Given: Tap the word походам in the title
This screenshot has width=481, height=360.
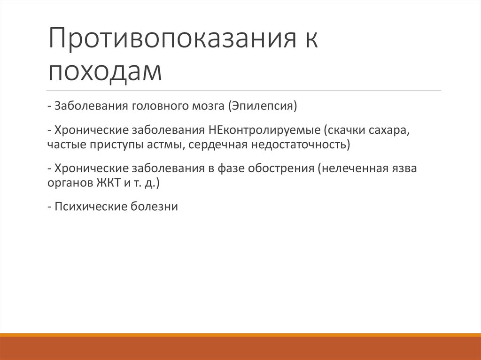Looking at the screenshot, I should (105, 71).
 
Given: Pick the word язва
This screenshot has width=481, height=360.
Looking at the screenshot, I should (403, 168).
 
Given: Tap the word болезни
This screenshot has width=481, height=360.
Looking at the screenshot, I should (157, 206).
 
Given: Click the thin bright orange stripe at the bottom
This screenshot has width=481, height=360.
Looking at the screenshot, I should (240, 335).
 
